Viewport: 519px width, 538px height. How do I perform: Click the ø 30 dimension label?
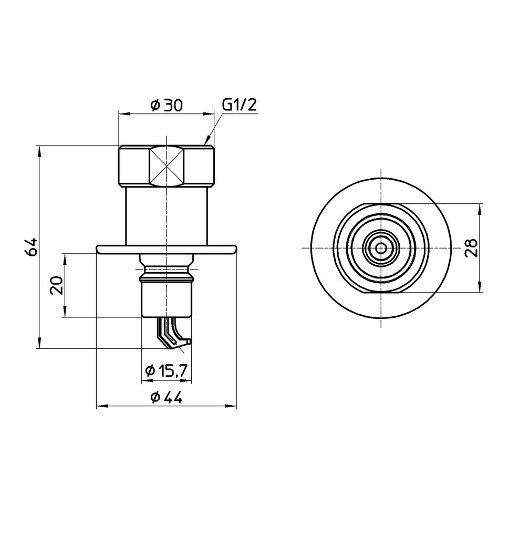(x=166, y=105)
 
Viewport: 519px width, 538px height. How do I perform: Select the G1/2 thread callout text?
(x=240, y=105)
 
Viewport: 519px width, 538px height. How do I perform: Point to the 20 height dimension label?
(x=57, y=285)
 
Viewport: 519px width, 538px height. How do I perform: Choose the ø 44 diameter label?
(x=167, y=397)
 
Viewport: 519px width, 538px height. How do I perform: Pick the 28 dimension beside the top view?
(x=472, y=248)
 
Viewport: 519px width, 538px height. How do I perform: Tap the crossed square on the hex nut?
(x=167, y=167)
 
